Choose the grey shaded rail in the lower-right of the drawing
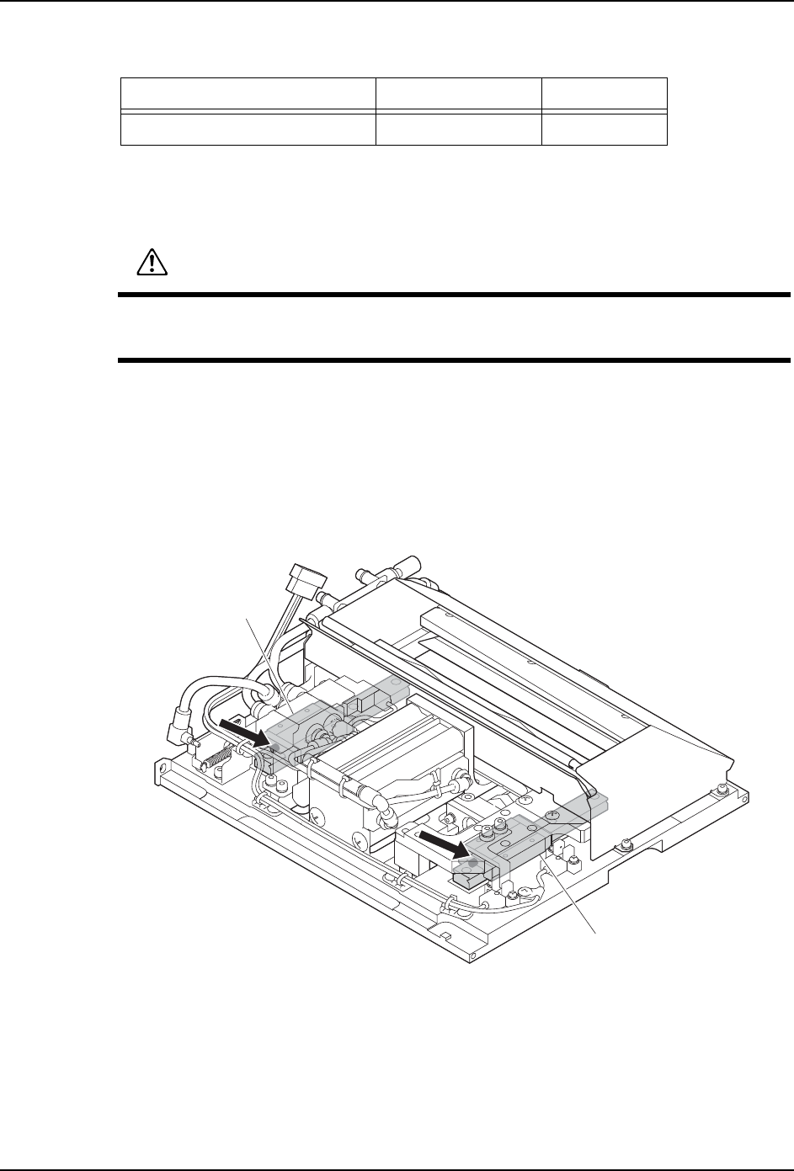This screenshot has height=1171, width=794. pyautogui.click(x=530, y=828)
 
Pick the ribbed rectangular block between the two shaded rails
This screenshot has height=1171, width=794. pyautogui.click(x=387, y=749)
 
